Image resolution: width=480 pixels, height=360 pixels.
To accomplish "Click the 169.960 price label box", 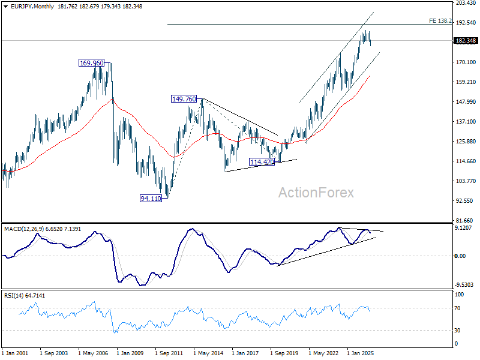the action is click(91, 63).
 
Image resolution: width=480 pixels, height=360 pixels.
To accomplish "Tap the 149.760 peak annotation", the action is click(184, 99).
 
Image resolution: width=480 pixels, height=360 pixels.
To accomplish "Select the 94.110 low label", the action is click(151, 199).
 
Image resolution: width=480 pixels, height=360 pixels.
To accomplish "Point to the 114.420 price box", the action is click(262, 162).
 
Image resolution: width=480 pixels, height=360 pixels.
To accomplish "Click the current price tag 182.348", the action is click(466, 41).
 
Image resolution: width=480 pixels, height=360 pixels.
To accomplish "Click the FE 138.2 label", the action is click(440, 21).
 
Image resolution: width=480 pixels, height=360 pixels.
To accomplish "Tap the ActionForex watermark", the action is click(316, 193).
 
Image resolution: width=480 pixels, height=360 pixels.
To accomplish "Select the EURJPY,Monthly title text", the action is click(32, 7).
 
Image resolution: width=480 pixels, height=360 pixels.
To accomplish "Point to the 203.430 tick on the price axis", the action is click(466, 3).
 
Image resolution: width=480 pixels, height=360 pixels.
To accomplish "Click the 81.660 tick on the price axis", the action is click(464, 220).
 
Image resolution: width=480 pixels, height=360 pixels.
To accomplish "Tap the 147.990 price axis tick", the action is click(466, 101).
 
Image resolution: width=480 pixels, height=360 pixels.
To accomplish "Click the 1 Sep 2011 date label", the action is click(169, 353).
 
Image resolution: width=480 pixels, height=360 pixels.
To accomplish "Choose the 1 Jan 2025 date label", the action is click(361, 353).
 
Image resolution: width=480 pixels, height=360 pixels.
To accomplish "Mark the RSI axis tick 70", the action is click(457, 308).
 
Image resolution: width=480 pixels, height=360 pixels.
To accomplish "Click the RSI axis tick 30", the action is click(457, 331).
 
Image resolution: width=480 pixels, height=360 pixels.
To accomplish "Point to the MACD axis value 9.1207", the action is click(464, 228).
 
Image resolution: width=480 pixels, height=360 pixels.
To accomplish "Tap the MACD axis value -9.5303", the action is click(464, 284).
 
